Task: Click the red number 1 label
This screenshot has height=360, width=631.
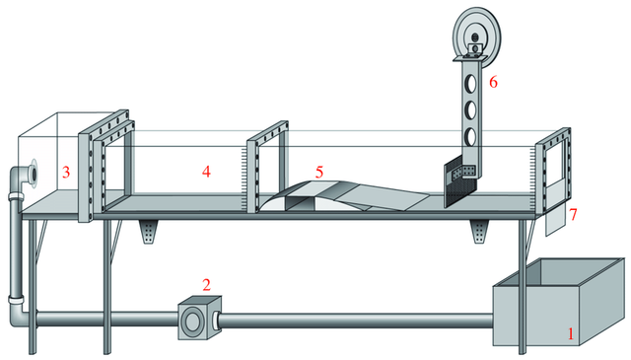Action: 570,333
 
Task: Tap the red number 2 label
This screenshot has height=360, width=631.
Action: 206,285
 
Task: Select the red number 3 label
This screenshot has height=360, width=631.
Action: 66,172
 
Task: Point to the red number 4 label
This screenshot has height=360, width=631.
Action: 206,172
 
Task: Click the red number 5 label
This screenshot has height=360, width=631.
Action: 319,173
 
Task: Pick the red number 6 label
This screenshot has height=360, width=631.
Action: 493,82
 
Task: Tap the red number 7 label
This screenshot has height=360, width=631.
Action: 573,214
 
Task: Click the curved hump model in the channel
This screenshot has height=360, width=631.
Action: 342,196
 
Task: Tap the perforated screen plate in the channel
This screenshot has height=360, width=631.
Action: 459,184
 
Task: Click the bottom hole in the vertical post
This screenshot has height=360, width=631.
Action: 470,137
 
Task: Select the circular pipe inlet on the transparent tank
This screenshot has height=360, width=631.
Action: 33,173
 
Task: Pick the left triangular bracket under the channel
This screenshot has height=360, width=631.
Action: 148,232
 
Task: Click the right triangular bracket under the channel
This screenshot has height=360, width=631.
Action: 479,232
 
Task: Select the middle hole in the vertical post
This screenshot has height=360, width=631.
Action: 470,109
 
